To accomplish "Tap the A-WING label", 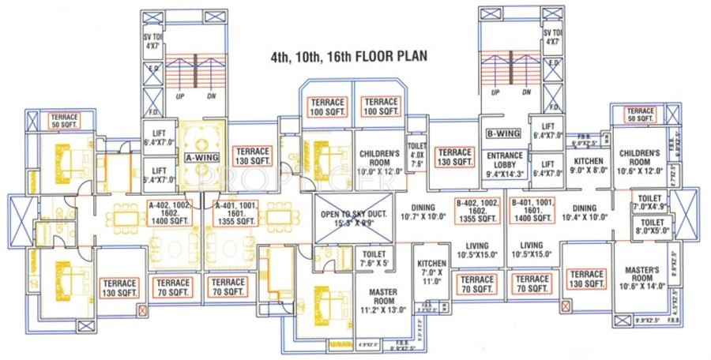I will pos(201,156).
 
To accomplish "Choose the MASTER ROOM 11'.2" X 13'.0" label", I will pos(382,300).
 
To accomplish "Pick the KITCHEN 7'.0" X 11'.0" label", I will pos(431,271).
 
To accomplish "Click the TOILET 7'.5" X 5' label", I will pos(375,258).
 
